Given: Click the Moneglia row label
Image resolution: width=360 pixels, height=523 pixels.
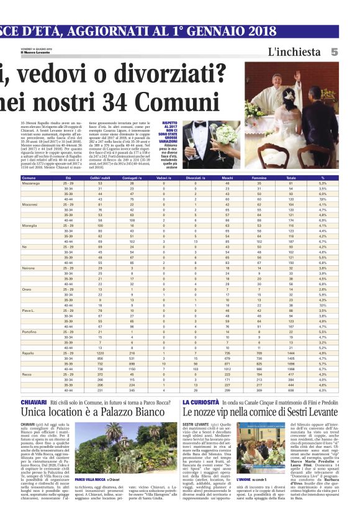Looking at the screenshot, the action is [30, 225].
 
